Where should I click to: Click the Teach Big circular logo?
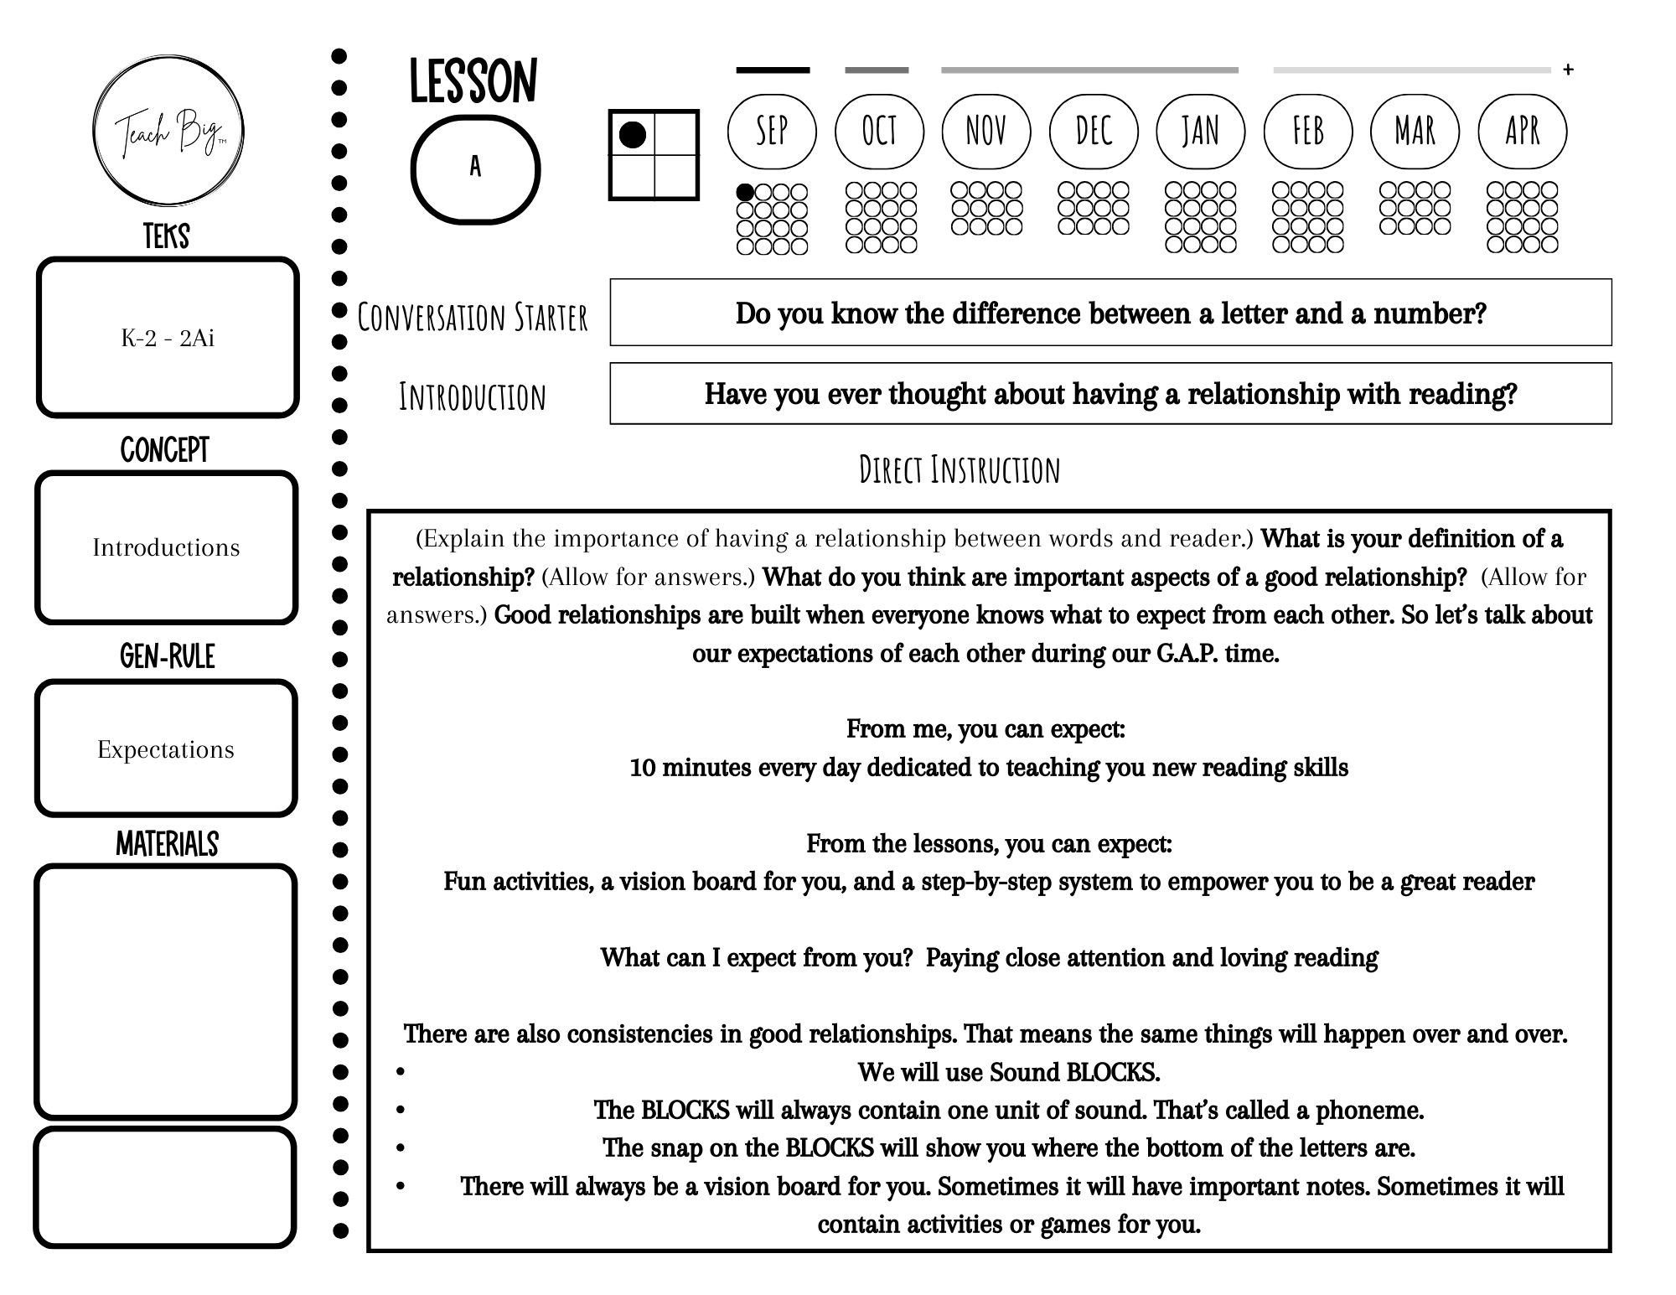[x=168, y=130]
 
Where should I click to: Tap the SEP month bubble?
[x=772, y=131]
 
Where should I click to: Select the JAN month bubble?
[x=1200, y=131]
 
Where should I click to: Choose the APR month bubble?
[x=1522, y=131]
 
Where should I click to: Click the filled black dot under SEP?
[x=744, y=193]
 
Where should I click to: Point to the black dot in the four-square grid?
[x=632, y=135]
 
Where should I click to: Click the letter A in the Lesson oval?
[x=475, y=167]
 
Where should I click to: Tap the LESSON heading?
[x=473, y=82]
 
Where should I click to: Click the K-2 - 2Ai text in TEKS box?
[x=168, y=338]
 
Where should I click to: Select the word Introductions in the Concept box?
[x=166, y=547]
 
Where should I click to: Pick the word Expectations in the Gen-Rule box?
[x=166, y=749]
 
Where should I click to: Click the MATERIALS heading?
[x=167, y=844]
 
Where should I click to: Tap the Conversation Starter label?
[x=473, y=318]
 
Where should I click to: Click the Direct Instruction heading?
[x=960, y=470]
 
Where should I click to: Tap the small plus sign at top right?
[x=1568, y=70]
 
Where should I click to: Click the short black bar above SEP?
[x=773, y=70]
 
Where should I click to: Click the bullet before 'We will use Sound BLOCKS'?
[x=401, y=1072]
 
